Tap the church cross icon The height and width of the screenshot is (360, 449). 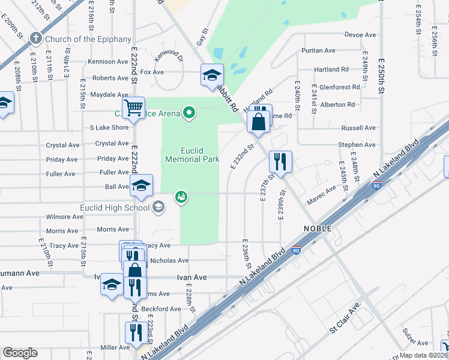36,39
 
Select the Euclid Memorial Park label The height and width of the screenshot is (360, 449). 192,155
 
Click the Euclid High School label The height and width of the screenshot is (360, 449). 115,208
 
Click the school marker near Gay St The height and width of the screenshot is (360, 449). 212,75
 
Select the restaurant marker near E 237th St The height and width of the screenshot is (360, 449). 280,161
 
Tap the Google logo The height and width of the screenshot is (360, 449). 20,353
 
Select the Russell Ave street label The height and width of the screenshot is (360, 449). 358,128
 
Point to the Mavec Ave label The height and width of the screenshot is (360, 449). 324,194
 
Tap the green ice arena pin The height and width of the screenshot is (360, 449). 190,112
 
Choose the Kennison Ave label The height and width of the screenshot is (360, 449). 108,62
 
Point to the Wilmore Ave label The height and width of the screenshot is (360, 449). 62,217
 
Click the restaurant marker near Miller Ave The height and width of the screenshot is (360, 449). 134,333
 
